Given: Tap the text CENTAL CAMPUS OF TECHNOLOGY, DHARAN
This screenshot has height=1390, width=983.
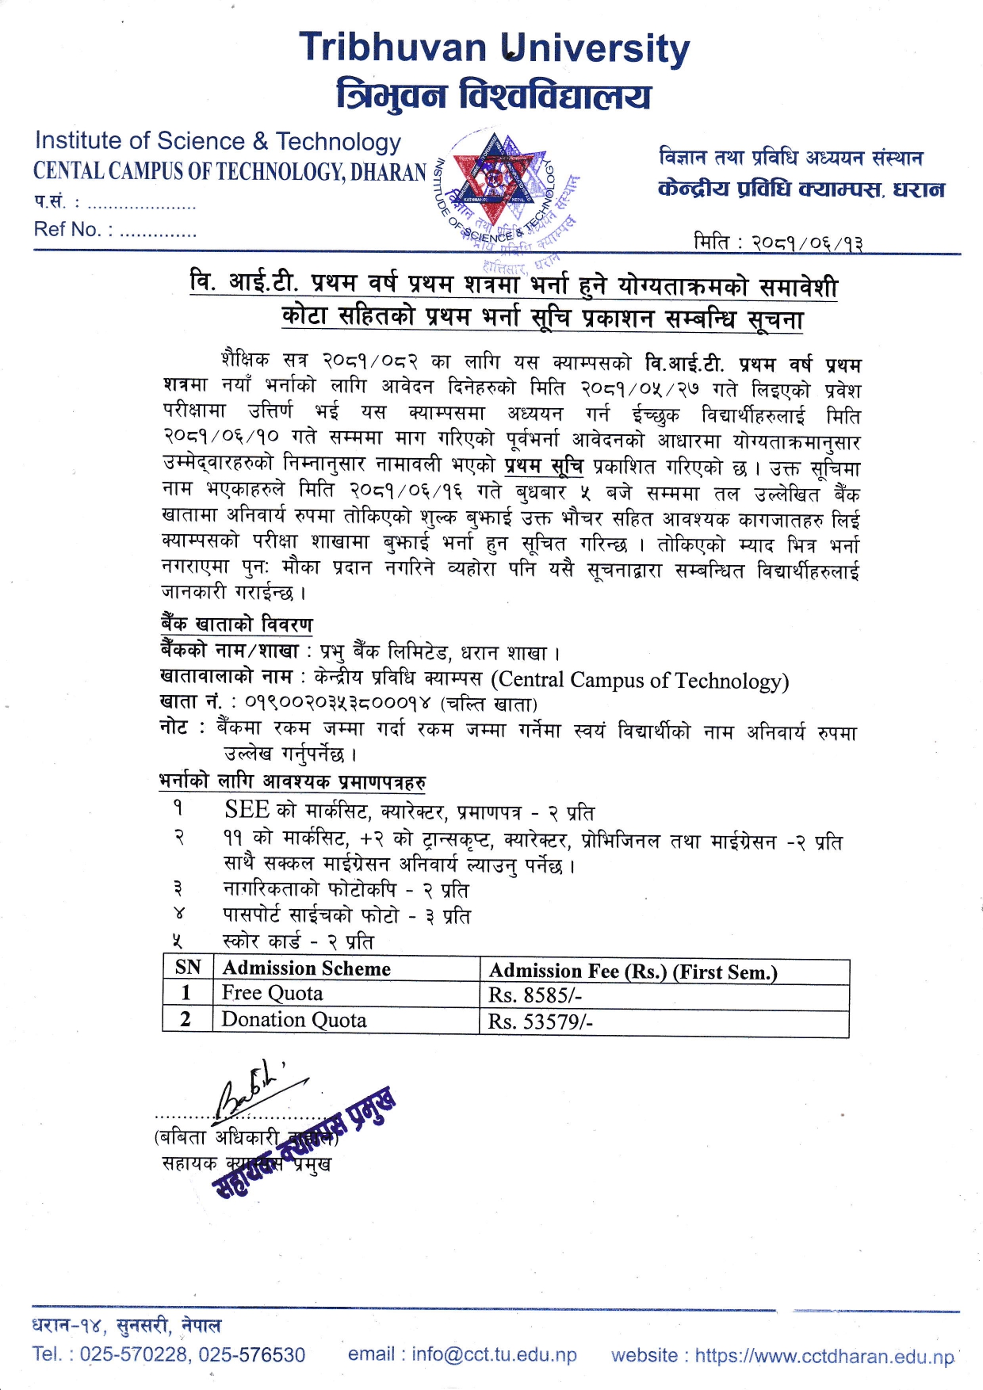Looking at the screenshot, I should click(230, 171).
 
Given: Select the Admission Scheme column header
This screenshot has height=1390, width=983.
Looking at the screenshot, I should click(306, 968).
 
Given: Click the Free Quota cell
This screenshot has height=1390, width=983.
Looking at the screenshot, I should click(272, 994).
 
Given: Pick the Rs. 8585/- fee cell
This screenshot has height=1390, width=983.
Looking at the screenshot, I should click(535, 995).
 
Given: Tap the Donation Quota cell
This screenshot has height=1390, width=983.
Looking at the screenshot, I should click(293, 1020).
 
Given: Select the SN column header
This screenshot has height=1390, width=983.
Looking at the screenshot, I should click(188, 968).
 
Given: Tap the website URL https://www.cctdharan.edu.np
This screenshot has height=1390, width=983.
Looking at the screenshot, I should click(824, 1356).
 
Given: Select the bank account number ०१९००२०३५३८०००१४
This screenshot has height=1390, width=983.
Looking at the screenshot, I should click(338, 703).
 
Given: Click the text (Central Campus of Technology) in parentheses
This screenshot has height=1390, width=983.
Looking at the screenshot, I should click(640, 680).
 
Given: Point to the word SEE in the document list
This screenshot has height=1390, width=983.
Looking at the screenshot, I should click(247, 809).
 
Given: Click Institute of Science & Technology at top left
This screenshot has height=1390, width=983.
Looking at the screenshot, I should click(218, 141).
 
